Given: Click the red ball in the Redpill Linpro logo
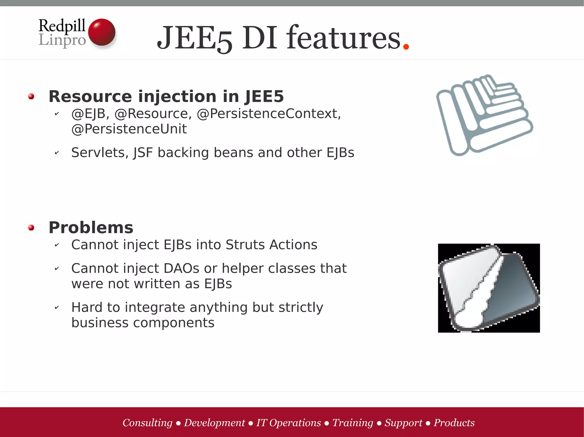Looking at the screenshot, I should point(102,32).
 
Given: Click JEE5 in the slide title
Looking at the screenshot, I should point(194,38).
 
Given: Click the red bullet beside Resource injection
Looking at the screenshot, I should point(31,97).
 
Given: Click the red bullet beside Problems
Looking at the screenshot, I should point(31,228).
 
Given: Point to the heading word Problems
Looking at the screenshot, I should point(91,228).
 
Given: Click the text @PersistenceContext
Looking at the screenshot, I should point(268,114).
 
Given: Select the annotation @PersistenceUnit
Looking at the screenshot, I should point(129,129).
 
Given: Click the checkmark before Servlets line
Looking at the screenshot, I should point(57,153).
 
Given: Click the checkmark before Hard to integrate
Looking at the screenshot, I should point(57,307).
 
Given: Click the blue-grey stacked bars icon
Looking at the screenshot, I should point(484,115).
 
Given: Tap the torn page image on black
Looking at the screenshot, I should point(489,288).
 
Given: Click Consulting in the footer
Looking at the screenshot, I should point(147,423).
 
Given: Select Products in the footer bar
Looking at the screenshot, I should point(454,423).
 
